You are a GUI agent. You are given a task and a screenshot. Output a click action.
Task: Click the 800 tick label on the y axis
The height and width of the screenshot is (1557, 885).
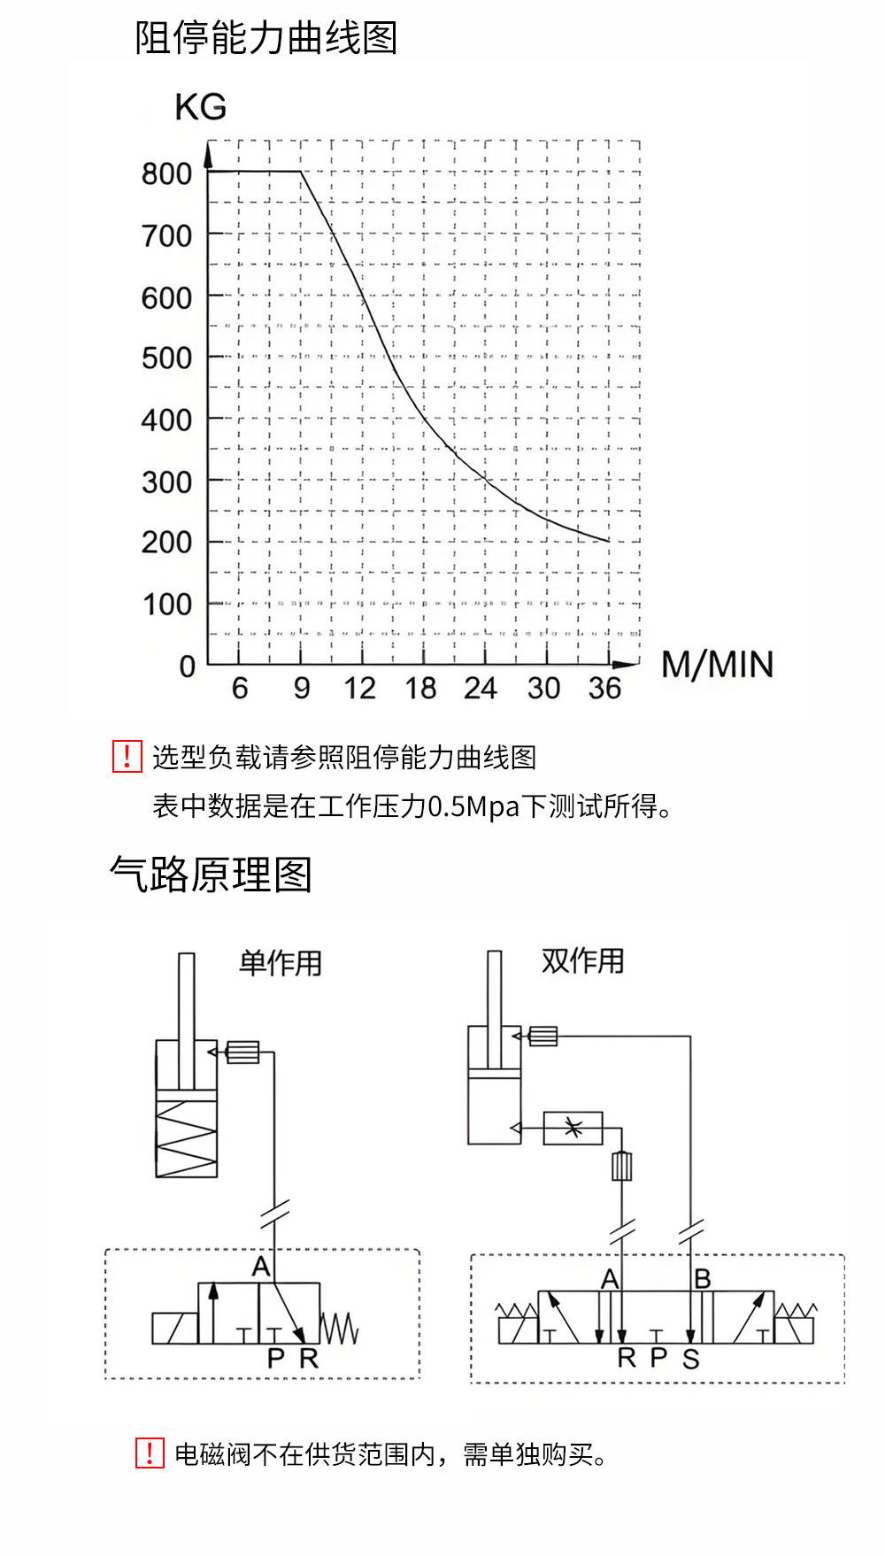(166, 173)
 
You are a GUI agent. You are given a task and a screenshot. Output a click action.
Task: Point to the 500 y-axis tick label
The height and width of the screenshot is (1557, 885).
(166, 358)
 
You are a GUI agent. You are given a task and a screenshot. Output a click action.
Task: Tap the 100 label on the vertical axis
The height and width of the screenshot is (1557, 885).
(167, 605)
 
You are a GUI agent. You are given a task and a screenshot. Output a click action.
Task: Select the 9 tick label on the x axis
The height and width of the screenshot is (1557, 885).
(302, 688)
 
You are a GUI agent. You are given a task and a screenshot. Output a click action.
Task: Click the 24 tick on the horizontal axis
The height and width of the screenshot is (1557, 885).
(481, 688)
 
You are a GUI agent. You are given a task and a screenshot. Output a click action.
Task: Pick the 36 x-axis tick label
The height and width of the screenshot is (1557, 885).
(605, 688)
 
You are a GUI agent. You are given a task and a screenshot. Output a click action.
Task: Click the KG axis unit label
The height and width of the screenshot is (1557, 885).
(201, 107)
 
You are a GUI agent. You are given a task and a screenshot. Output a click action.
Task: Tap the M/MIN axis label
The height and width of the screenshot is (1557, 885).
(717, 665)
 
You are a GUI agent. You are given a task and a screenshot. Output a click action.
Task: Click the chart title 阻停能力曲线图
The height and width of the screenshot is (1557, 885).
(266, 38)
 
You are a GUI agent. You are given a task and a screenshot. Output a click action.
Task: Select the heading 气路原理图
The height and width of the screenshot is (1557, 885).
(211, 875)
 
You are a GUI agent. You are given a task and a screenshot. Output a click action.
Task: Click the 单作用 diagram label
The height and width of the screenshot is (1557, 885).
(281, 963)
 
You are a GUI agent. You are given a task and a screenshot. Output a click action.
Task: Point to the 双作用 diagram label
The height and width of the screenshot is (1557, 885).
(583, 960)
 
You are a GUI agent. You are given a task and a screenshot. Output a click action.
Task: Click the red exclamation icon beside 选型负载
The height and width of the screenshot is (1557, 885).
(127, 757)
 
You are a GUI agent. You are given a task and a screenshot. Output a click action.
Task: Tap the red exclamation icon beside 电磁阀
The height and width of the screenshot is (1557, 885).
(150, 1453)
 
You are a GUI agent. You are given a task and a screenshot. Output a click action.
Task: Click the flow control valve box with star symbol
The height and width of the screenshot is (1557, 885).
(573, 1129)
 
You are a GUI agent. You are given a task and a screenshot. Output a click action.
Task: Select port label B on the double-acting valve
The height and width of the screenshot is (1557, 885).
(703, 1279)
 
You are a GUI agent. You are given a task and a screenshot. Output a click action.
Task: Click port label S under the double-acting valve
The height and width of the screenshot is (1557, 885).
(691, 1359)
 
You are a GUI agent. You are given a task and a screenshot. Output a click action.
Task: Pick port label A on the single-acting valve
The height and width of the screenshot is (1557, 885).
(261, 1267)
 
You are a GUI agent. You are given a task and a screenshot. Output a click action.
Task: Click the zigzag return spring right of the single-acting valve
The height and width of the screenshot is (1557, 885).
(339, 1328)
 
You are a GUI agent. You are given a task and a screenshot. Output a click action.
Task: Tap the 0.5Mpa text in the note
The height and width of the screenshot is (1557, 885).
(473, 806)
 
